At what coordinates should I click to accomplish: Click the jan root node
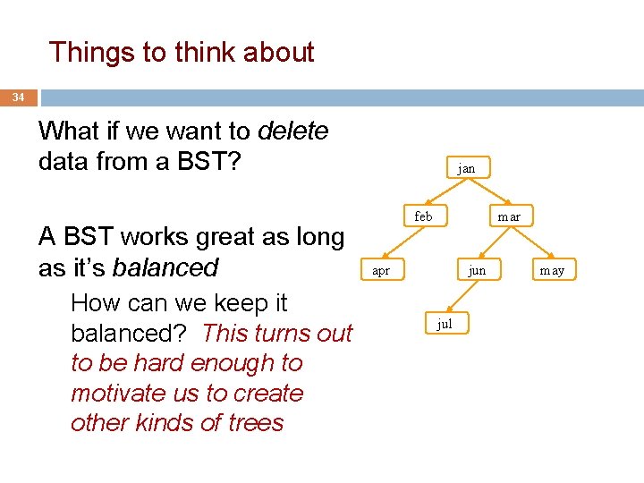466,167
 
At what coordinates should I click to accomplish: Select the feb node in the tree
424,217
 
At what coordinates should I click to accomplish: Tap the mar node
509,217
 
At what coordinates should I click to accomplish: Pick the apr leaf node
381,270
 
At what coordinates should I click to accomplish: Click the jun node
478,270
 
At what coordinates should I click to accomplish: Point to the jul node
445,324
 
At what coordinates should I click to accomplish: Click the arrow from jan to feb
445,192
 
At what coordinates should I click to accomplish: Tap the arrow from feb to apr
402,244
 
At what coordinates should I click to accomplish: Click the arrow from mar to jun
493,244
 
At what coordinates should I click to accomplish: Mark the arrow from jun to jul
461,297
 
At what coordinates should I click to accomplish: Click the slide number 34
18,97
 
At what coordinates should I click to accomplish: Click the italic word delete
292,131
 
